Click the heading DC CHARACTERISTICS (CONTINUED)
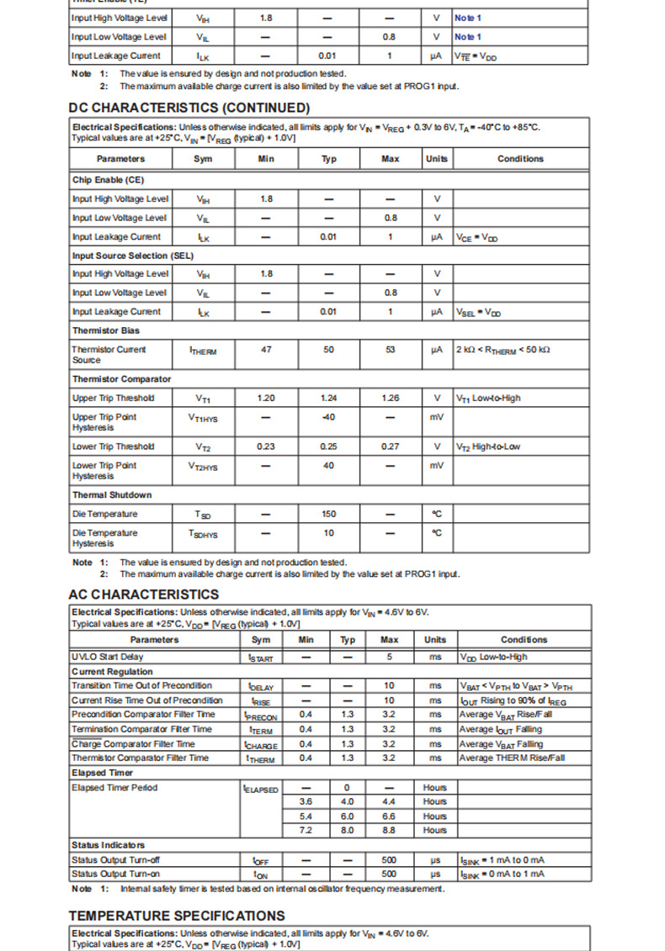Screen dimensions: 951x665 [x=189, y=108]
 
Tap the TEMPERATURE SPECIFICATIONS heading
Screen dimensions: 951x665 [x=177, y=916]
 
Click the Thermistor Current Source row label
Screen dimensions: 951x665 [x=109, y=354]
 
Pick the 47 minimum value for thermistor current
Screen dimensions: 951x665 [x=266, y=349]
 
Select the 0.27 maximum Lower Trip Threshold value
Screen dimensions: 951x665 [x=390, y=446]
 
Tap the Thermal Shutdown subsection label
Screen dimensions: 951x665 [x=112, y=495]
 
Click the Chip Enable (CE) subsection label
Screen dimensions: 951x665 [x=109, y=180]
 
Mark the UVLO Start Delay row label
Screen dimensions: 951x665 [x=108, y=657]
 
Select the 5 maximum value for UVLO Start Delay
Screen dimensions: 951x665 [x=390, y=657]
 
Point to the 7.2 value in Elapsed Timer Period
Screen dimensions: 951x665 [x=306, y=830]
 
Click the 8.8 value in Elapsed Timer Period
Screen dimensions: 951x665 [x=390, y=830]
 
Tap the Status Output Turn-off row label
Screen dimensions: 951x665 [x=116, y=859]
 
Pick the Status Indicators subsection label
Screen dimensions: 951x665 [x=109, y=844]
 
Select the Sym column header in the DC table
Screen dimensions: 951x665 [x=203, y=159]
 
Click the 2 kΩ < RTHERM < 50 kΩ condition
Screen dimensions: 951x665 [x=503, y=349]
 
